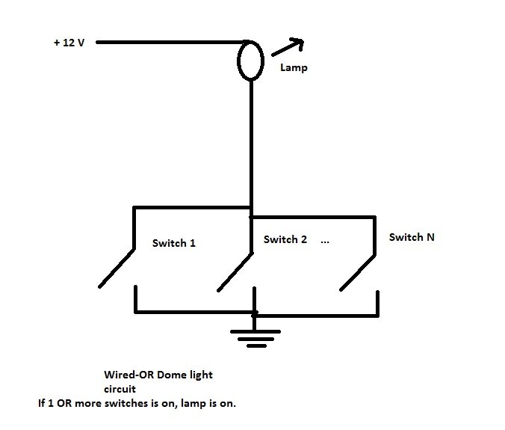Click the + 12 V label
tap(69, 43)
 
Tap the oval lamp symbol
tap(238, 61)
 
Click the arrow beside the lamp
tap(288, 47)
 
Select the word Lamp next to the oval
tap(294, 68)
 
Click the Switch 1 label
tap(174, 243)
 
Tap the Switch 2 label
tap(285, 239)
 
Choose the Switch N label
tap(412, 237)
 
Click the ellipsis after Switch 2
tap(325, 242)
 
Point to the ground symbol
tap(255, 339)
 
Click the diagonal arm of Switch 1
tap(117, 268)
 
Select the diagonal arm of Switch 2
tap(235, 272)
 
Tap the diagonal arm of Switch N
tap(358, 273)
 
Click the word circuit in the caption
tap(120, 389)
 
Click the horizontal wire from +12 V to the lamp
tap(171, 42)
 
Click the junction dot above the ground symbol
tap(255, 313)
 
